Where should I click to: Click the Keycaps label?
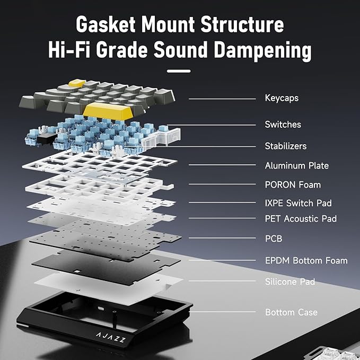pos(282,98)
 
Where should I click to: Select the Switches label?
pos(283,125)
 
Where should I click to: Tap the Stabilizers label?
pos(286,146)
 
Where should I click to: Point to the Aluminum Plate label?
pos(296,165)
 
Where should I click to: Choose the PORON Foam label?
pos(293,185)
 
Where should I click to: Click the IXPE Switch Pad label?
pos(298,203)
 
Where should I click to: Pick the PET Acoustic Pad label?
pos(301,218)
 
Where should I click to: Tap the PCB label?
pos(274,239)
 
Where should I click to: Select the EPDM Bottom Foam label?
pos(306,260)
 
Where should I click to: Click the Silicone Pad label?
pos(290,282)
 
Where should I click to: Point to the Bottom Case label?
pos(291,312)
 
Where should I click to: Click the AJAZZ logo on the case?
pos(111,337)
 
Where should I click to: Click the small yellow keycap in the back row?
pos(77,83)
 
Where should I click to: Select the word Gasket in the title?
pos(106,24)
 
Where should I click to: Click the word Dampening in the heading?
pos(262,51)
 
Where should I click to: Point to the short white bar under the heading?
pos(179,71)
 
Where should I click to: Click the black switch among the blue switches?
pos(47,139)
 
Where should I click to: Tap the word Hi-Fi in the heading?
pos(68,50)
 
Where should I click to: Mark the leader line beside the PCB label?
pos(222,238)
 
